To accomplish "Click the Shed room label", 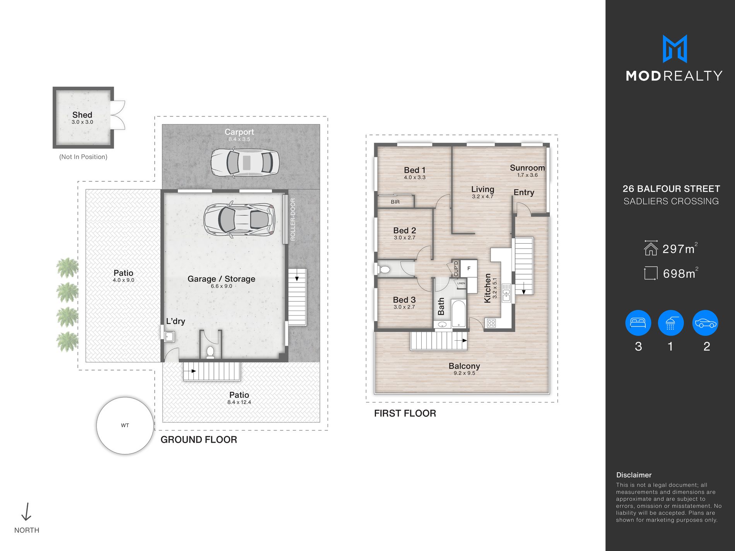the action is tap(82, 115).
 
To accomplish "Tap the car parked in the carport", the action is tap(245, 162).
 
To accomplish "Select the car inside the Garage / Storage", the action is tap(239, 220).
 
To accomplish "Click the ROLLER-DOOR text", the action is tap(293, 219).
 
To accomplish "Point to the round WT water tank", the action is tap(125, 425).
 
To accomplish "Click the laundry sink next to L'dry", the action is tap(169, 337).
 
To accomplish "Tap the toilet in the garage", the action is tap(210, 352).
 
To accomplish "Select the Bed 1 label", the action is tap(415, 170).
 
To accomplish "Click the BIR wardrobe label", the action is tap(395, 202).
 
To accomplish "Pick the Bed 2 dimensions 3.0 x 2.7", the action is tap(405, 238).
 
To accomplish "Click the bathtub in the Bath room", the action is tap(459, 314).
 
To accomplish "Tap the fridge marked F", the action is tap(468, 268).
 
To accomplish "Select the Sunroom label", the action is tap(527, 168).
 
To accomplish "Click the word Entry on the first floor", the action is tap(524, 193).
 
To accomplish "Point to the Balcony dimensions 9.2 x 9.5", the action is tap(464, 373).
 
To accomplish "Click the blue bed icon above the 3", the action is tap(638, 323).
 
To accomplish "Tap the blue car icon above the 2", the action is tap(706, 323).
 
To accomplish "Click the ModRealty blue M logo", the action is tap(675, 49).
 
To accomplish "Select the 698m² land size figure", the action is tap(680, 273).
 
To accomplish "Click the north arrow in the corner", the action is tap(26, 512).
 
